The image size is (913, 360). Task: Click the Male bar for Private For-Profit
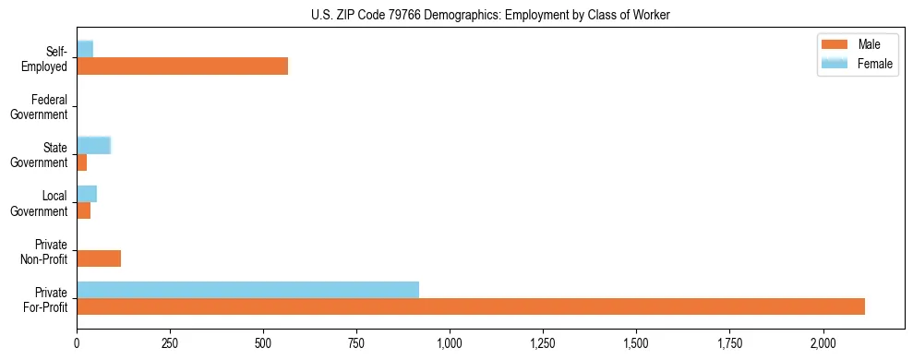pyautogui.click(x=471, y=306)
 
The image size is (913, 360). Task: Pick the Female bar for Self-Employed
pyautogui.click(x=85, y=49)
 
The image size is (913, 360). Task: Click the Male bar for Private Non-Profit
pyautogui.click(x=99, y=258)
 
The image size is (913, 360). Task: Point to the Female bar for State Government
pyautogui.click(x=93, y=145)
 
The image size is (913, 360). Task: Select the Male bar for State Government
pyautogui.click(x=81, y=162)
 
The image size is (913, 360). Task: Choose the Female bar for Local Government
pyautogui.click(x=87, y=193)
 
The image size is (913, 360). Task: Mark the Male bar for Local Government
pyautogui.click(x=83, y=210)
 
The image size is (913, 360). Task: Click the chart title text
pyautogui.click(x=490, y=15)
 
